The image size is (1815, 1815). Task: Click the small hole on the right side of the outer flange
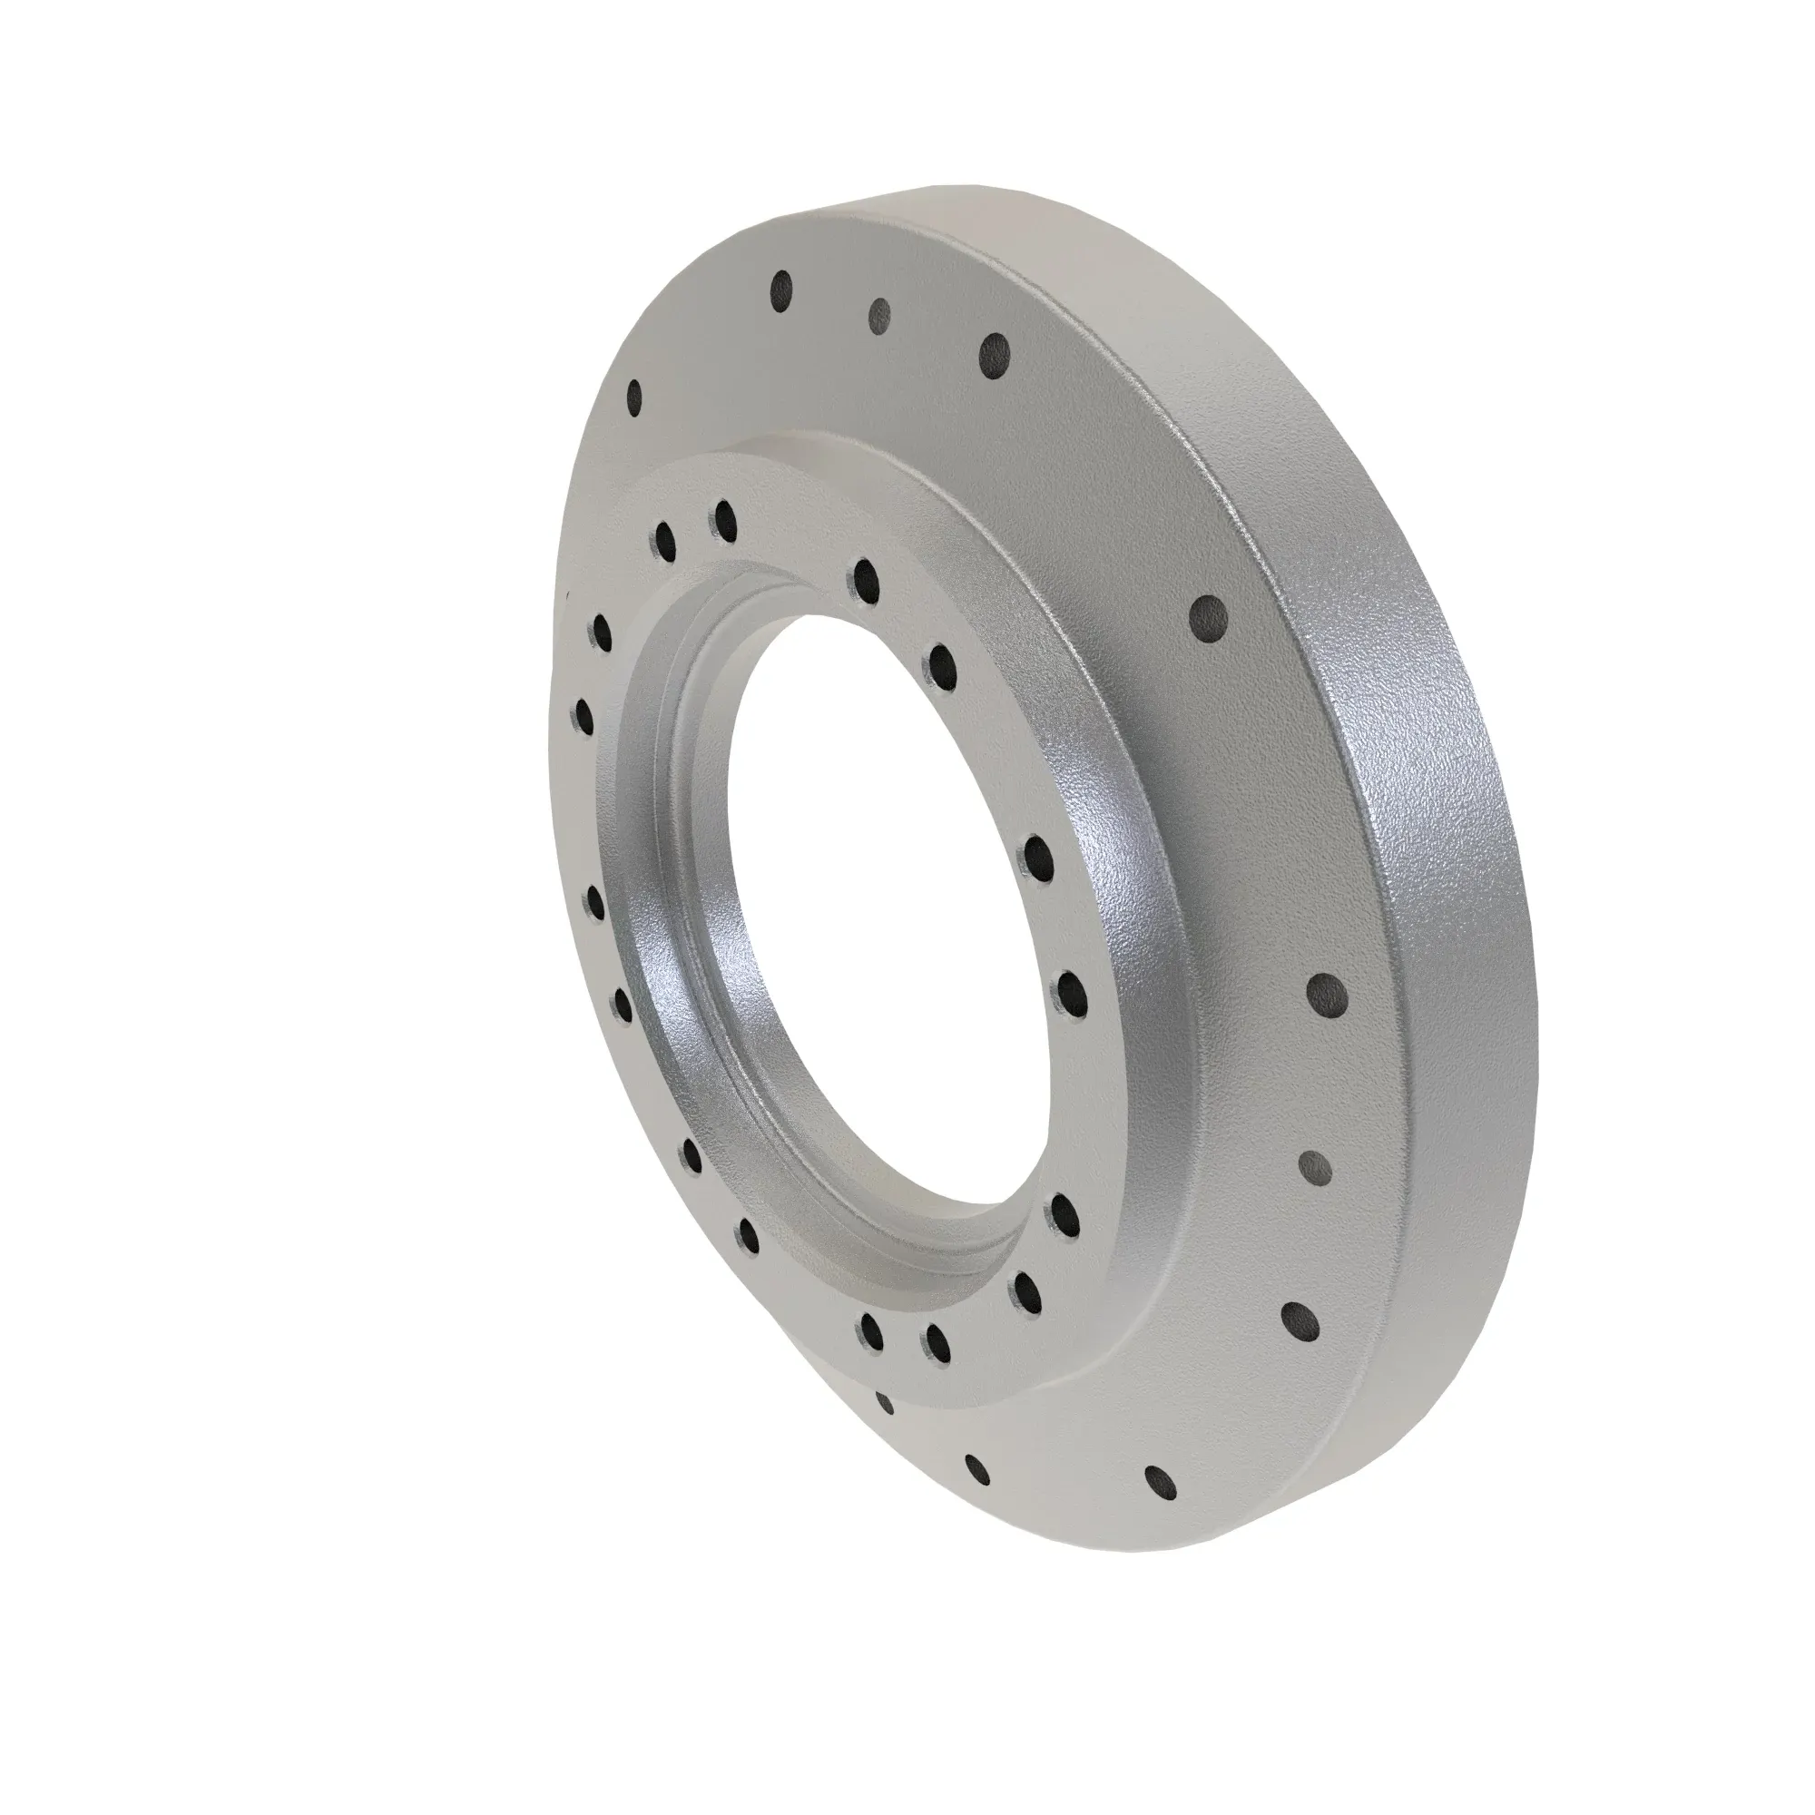coord(1313,1168)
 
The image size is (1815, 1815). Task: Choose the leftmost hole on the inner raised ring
coord(584,716)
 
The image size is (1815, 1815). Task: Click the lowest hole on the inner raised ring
coord(937,1344)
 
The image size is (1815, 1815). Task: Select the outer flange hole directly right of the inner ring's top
coord(1207,617)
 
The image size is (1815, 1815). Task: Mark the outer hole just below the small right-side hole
coord(1299,1320)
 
